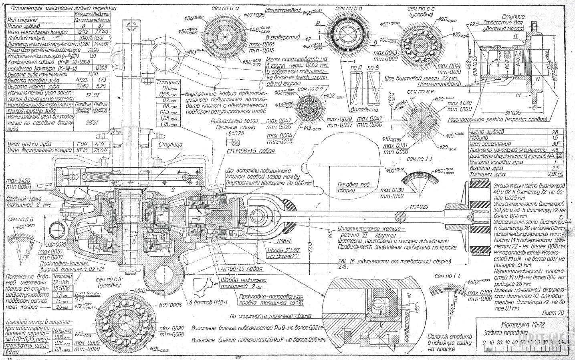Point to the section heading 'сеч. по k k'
click(105, 279)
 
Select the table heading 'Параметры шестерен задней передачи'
click(57, 8)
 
